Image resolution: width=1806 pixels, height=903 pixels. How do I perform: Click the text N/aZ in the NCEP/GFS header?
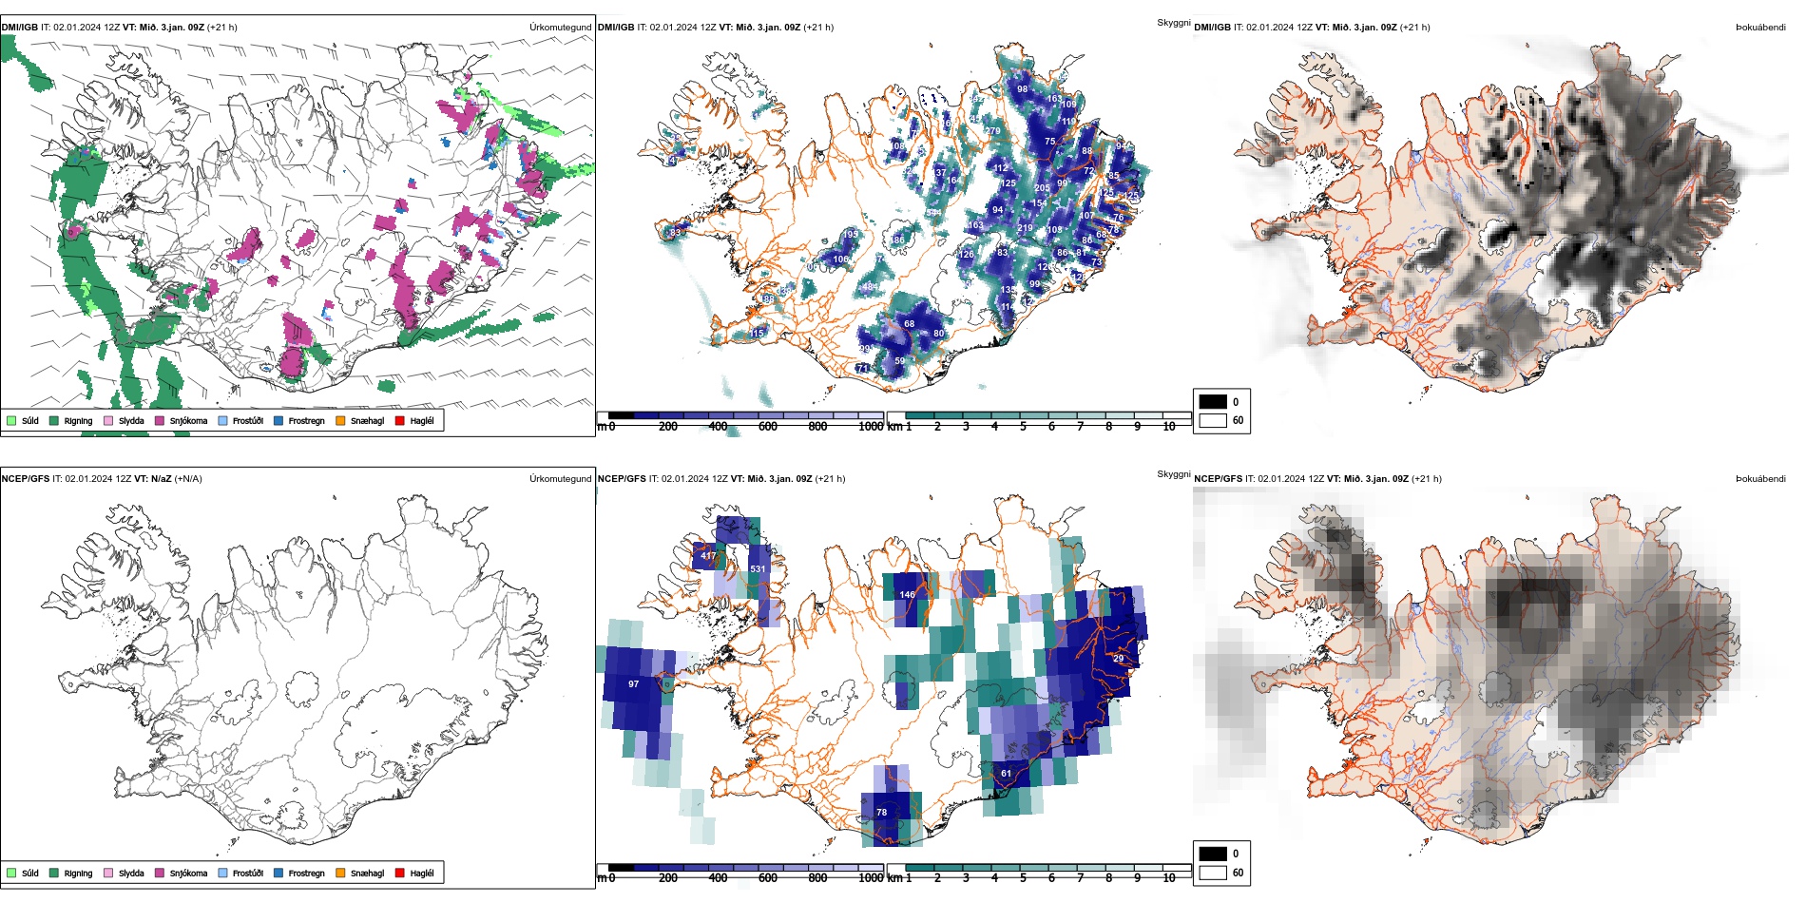click(x=161, y=478)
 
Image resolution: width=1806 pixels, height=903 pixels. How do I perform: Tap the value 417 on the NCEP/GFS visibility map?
click(x=708, y=556)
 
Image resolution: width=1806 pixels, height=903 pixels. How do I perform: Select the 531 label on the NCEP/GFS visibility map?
click(x=758, y=569)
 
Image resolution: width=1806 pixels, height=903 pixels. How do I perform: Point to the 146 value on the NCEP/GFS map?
click(x=908, y=595)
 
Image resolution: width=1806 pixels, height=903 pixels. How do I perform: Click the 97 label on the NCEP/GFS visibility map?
click(x=634, y=684)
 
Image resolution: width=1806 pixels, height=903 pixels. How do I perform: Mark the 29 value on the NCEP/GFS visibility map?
click(x=1118, y=659)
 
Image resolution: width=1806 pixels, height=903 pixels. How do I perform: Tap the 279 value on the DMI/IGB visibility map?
click(x=993, y=131)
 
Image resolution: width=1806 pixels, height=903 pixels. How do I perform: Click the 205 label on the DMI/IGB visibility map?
click(x=1042, y=188)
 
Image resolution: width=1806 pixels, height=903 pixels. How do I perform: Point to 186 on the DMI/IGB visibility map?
click(x=897, y=240)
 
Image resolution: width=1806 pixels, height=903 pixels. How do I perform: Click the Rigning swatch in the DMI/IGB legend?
click(x=54, y=420)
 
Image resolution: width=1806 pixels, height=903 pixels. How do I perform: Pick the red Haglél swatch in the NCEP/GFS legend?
click(x=400, y=873)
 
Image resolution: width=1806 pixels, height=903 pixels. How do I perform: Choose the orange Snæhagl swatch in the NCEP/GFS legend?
click(x=340, y=873)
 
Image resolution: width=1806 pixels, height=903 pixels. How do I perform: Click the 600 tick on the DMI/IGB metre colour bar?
click(x=768, y=427)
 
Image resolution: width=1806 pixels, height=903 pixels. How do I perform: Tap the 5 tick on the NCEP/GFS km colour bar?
click(x=1023, y=878)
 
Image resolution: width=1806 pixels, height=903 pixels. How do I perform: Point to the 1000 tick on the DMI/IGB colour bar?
click(x=871, y=427)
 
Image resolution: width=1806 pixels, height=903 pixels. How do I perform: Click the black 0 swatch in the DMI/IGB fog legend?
click(x=1213, y=402)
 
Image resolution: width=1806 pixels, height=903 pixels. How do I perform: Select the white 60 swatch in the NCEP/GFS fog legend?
click(x=1213, y=873)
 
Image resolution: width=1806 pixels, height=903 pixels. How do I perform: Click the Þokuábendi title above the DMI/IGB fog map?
click(x=1760, y=28)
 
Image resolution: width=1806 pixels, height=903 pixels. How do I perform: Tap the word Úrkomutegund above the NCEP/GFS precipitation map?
click(x=560, y=478)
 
